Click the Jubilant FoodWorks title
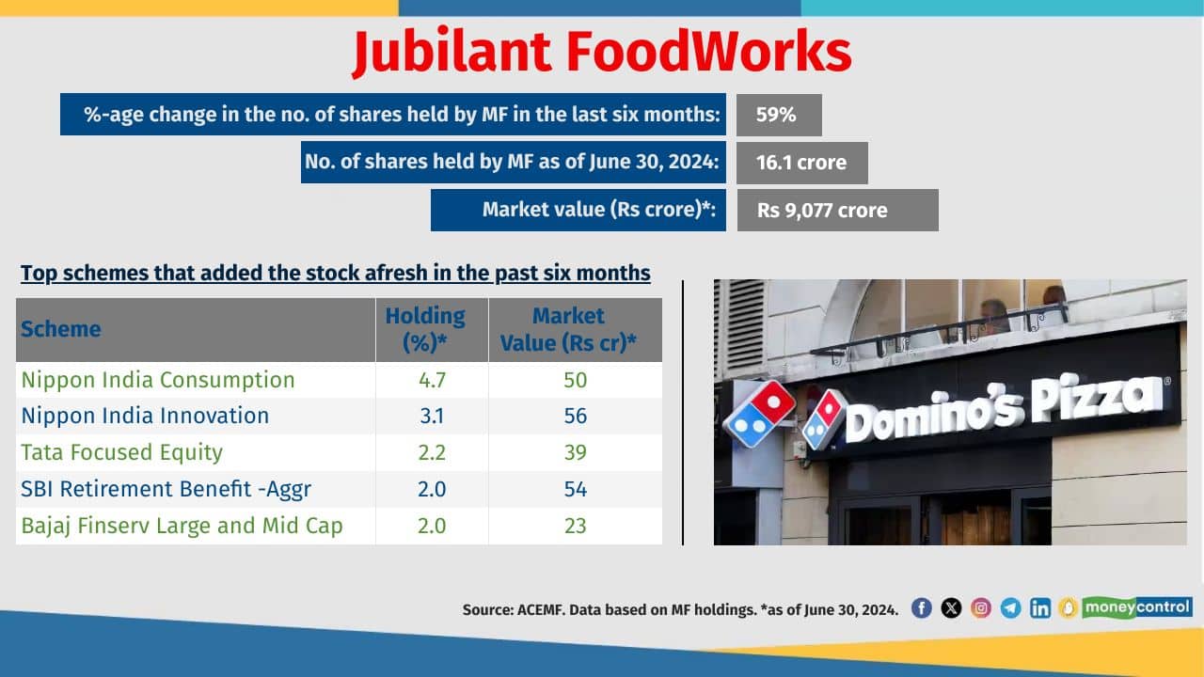602,53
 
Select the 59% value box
779,115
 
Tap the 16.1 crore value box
801,163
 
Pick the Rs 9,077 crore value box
837,211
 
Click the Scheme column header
61,329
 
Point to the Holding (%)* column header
425,329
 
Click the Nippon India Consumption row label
158,380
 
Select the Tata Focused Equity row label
122,452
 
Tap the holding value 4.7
431,380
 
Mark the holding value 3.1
431,416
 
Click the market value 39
575,452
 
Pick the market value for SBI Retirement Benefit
575,489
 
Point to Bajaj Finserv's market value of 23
575,525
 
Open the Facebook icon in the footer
922,608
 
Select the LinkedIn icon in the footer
1040,608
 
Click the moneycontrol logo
1137,607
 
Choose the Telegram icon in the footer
1011,608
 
